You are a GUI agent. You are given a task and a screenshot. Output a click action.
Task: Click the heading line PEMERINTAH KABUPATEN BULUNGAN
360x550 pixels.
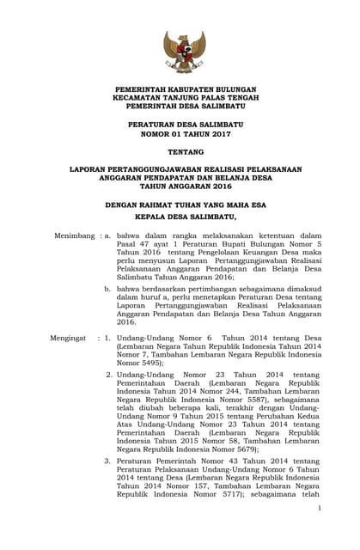click(x=180, y=89)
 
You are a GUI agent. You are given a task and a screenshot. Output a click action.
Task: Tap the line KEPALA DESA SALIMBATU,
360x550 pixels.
click(x=180, y=219)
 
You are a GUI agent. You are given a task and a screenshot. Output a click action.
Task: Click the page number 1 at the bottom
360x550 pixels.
click(x=318, y=509)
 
